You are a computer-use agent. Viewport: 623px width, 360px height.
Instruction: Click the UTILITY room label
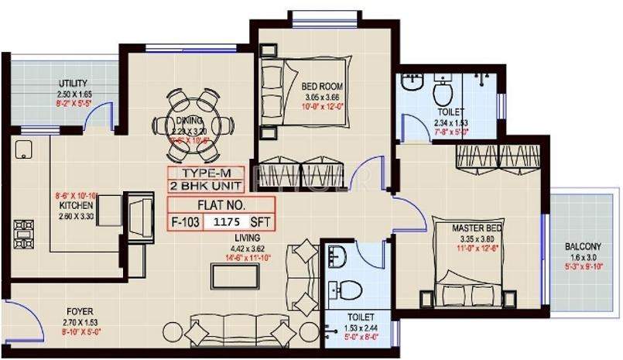(x=74, y=84)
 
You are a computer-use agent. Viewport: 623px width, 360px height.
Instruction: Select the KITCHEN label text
(x=76, y=206)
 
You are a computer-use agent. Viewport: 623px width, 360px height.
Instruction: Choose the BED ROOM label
(x=322, y=86)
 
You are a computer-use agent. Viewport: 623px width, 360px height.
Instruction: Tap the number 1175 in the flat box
(x=230, y=221)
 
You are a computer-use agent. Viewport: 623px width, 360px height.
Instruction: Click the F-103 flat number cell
(x=187, y=221)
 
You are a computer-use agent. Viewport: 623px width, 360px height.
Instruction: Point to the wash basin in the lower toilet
(x=336, y=255)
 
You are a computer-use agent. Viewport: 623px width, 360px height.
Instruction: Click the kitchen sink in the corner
(x=22, y=149)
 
